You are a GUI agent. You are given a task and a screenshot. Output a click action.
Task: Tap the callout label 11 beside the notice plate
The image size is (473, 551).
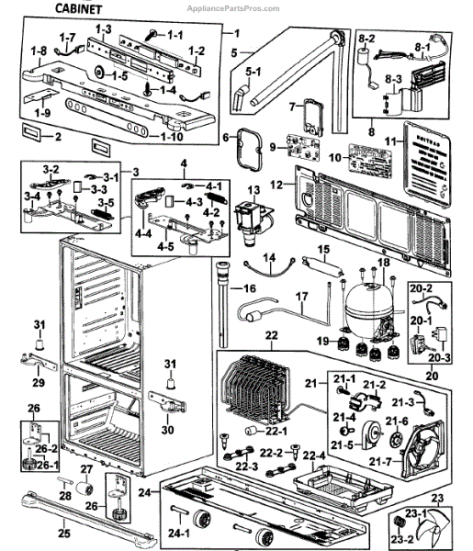(x=389, y=141)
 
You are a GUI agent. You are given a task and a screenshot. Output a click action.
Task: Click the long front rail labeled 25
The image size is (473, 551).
(x=83, y=511)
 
